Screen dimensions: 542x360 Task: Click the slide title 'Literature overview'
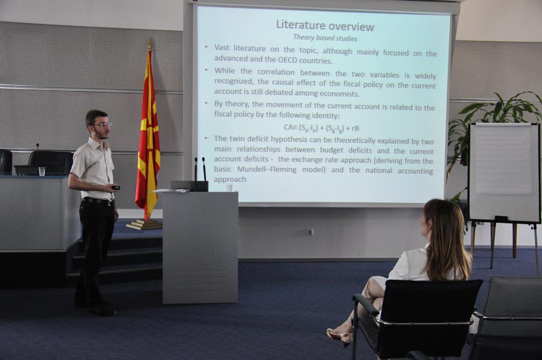[x=325, y=26]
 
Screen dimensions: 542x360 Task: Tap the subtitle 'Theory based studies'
[x=325, y=38]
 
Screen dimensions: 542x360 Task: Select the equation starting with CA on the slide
[x=321, y=128]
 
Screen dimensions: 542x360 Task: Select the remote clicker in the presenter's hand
[x=116, y=188]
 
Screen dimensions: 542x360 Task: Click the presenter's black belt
[x=98, y=201]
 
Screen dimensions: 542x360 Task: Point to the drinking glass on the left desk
[x=42, y=172]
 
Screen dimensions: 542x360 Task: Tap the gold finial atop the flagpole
[x=150, y=44]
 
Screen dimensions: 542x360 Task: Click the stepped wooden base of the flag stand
[x=145, y=225]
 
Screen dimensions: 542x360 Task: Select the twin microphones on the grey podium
[x=200, y=174]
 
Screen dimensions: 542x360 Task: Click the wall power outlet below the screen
[x=310, y=232]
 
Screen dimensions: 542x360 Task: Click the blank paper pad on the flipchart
[x=503, y=159]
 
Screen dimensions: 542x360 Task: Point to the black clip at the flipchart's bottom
[x=501, y=219]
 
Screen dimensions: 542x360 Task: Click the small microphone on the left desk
[x=37, y=147]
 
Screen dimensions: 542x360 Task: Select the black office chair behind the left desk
[x=50, y=163]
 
